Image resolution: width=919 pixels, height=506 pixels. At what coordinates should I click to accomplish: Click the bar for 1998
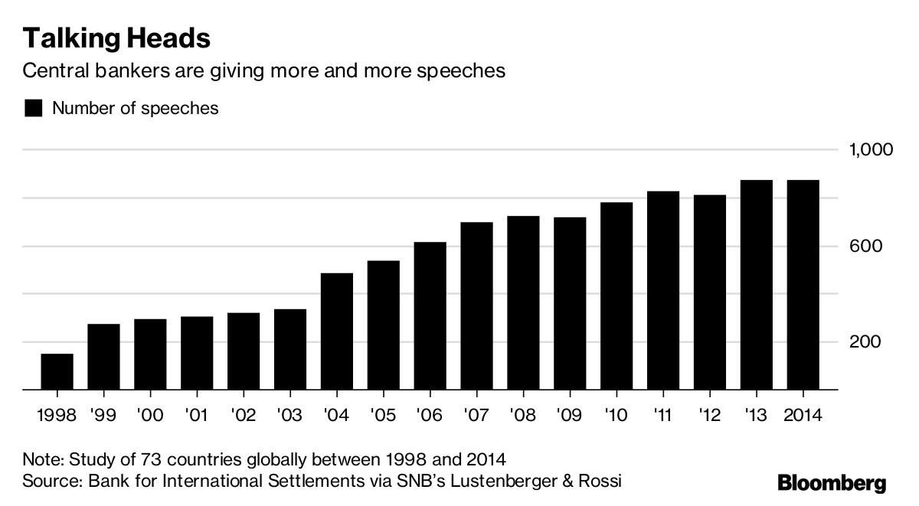tap(57, 372)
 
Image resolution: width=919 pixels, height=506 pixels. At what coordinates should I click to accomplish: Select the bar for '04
tap(336, 331)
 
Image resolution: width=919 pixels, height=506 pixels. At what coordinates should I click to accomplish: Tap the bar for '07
tap(476, 306)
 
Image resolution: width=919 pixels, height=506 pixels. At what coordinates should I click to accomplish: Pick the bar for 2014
tap(803, 285)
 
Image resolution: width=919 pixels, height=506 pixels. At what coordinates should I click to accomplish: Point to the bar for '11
tap(663, 290)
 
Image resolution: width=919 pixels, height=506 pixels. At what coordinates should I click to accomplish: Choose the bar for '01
tap(197, 353)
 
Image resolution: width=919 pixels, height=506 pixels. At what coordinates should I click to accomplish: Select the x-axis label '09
tap(569, 416)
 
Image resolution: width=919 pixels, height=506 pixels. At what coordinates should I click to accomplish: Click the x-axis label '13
tap(756, 416)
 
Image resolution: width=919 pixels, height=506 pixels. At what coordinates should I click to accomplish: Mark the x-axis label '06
tap(429, 416)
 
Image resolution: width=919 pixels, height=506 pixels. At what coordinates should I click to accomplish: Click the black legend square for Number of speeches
tap(33, 108)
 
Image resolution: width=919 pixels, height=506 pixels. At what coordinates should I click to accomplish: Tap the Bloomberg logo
tap(832, 483)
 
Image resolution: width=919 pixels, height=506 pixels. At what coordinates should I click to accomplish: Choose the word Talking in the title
tap(64, 38)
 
